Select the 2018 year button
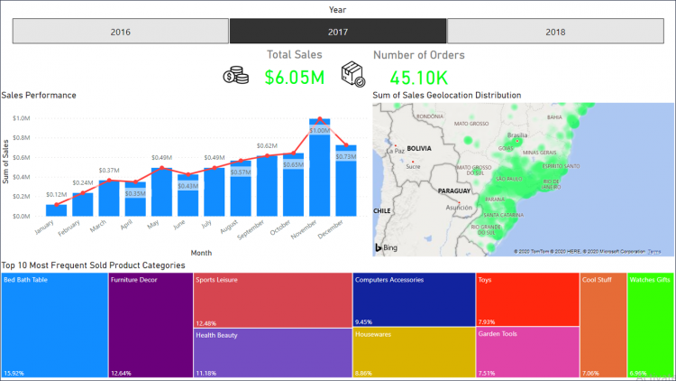click(556, 32)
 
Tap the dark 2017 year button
click(337, 32)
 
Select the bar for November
click(318, 168)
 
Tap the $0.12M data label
click(56, 195)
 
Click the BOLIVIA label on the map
click(419, 147)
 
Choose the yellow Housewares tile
click(413, 351)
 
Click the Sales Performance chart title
click(39, 95)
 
